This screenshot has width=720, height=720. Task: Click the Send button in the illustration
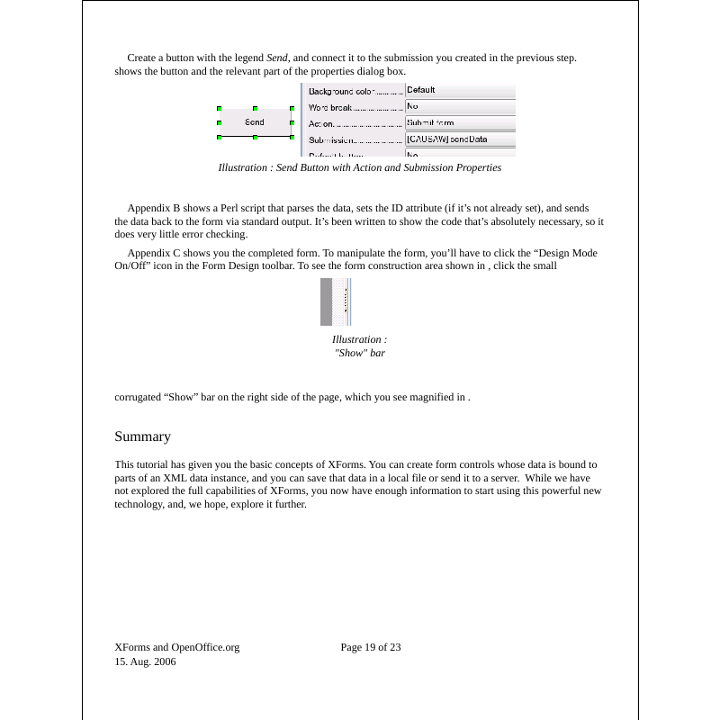tap(255, 122)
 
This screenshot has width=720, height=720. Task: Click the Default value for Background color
tap(421, 90)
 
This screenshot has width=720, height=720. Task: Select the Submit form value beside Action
tap(430, 122)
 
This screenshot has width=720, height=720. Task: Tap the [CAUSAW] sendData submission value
tap(447, 139)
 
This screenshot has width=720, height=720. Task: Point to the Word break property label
tap(329, 107)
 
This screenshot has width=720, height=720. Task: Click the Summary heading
tap(142, 436)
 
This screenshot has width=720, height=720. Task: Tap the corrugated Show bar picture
tap(335, 301)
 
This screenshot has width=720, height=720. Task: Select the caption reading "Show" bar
tap(360, 353)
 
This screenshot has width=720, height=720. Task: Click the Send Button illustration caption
tap(360, 167)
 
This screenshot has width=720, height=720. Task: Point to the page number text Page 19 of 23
tap(371, 646)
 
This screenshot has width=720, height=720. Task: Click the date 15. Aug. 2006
tap(145, 661)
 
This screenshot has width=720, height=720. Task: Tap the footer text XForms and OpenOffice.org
tap(177, 646)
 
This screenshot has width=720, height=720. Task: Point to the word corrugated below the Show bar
tap(138, 396)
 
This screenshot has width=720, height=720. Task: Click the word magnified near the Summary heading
tap(431, 396)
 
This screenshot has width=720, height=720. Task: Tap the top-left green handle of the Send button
tap(219, 108)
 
